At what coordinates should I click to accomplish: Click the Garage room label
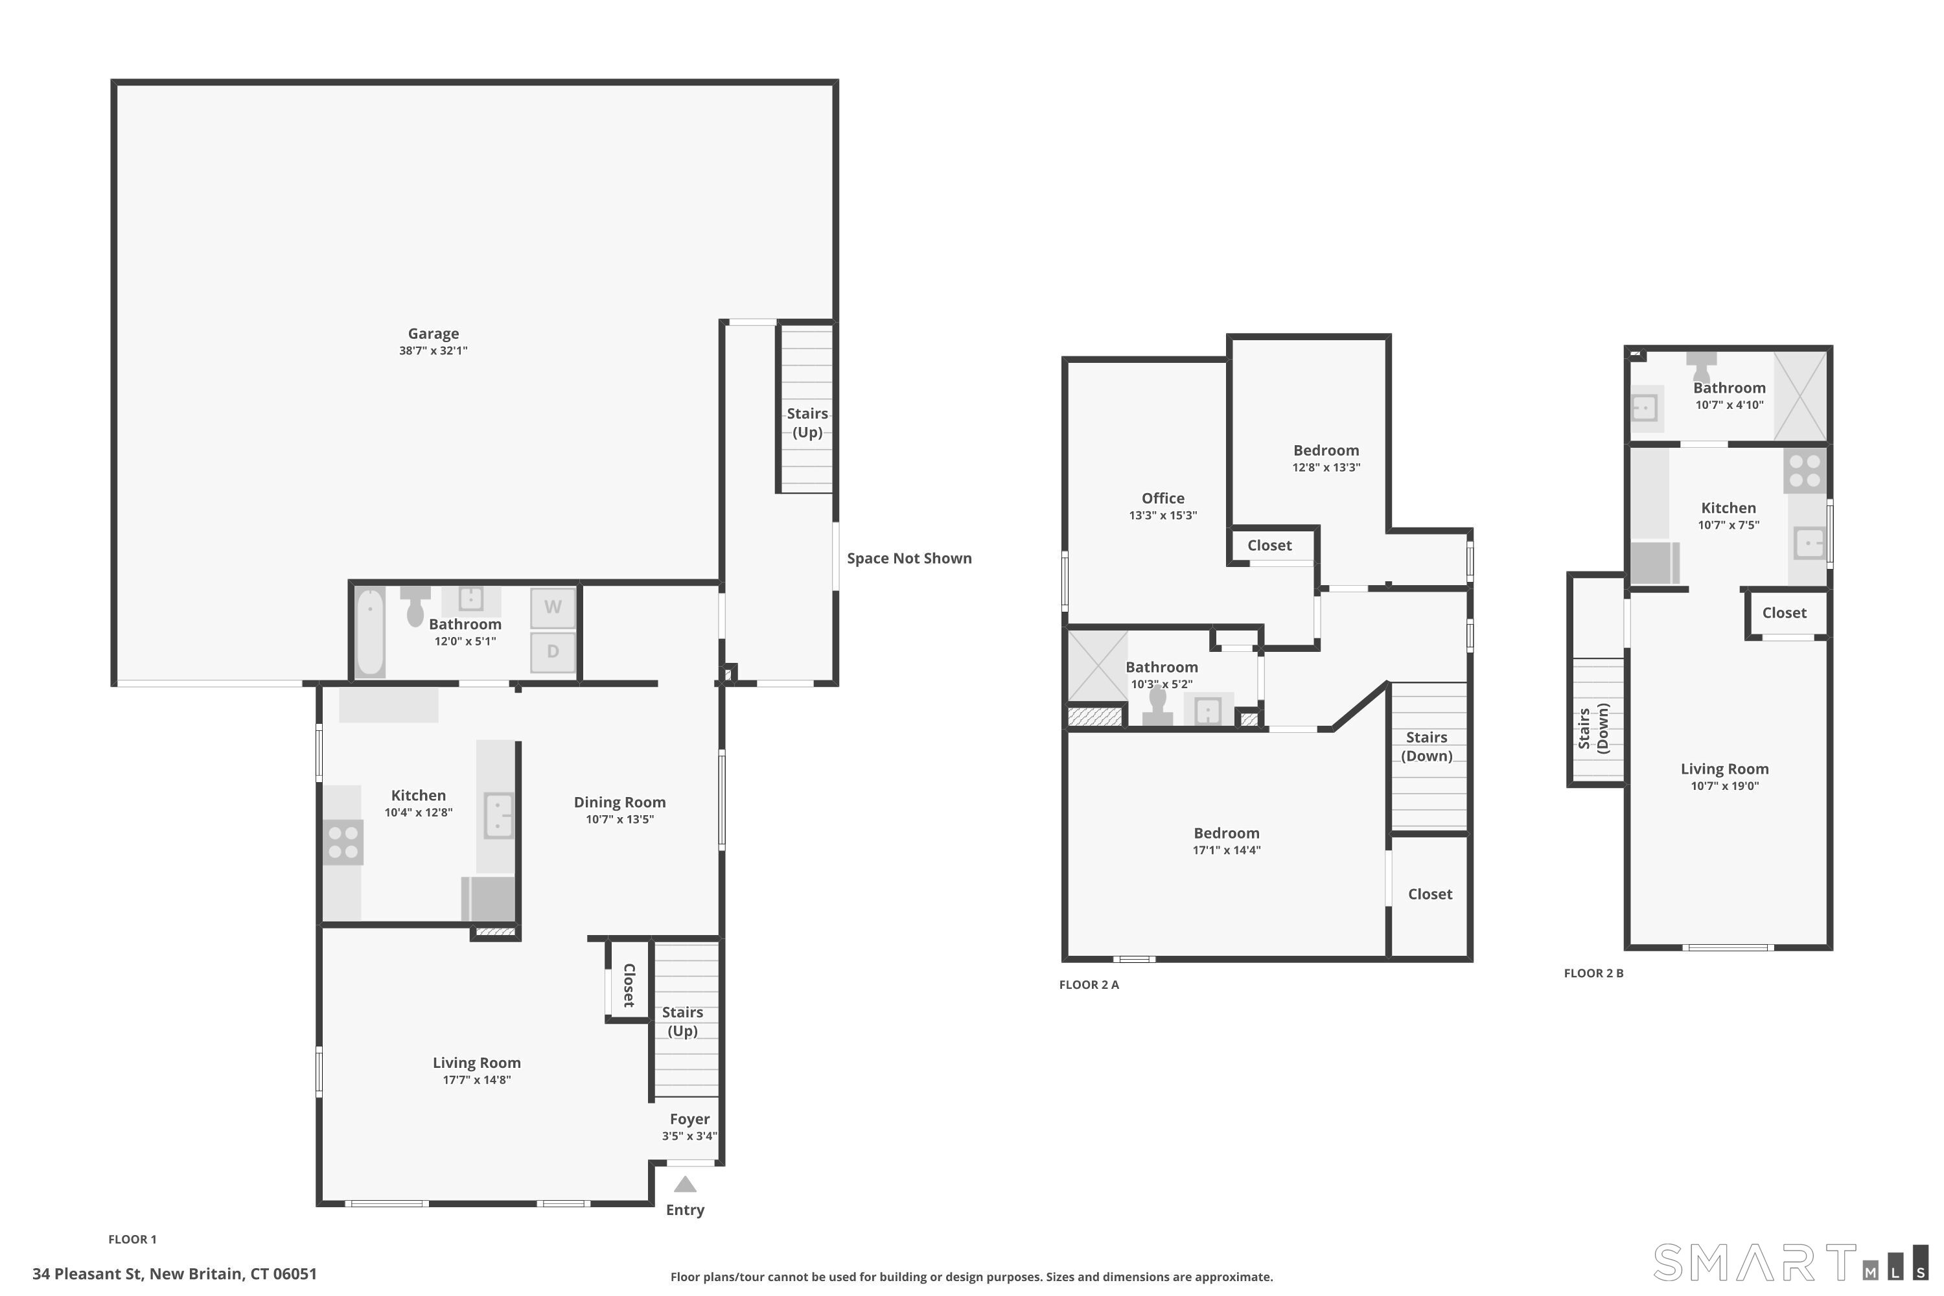[433, 334]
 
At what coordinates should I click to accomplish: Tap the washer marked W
[553, 608]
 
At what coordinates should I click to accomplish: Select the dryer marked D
[553, 652]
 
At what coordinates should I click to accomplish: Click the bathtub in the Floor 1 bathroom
[370, 631]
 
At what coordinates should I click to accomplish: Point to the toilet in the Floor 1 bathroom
[415, 607]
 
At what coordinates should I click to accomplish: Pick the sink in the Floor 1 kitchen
[498, 816]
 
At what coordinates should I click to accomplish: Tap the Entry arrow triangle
[685, 1185]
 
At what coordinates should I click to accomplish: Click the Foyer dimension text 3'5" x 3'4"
[689, 1136]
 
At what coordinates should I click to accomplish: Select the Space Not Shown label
[909, 558]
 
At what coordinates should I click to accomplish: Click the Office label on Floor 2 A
[1163, 498]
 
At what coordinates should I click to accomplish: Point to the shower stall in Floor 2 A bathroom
[1098, 666]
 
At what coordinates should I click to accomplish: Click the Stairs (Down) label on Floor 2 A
[1427, 746]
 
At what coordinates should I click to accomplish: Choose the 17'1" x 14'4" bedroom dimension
[1227, 850]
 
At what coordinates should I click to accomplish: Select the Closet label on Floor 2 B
[1785, 612]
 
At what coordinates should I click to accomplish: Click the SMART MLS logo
[1790, 1262]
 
